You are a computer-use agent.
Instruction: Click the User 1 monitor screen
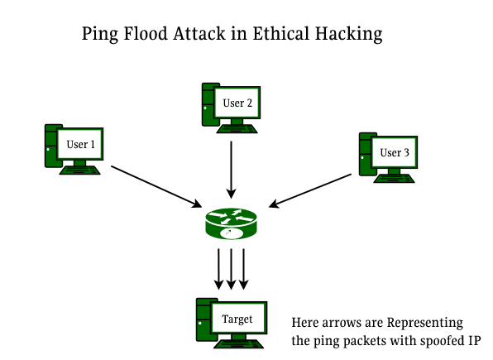pos(81,146)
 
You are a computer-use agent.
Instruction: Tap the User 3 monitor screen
pos(394,152)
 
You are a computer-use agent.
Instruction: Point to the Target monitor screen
pos(237,318)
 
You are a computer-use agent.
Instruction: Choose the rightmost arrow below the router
pos(246,267)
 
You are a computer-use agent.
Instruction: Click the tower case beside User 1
pos(51,146)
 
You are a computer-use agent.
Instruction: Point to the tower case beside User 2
pos(208,103)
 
